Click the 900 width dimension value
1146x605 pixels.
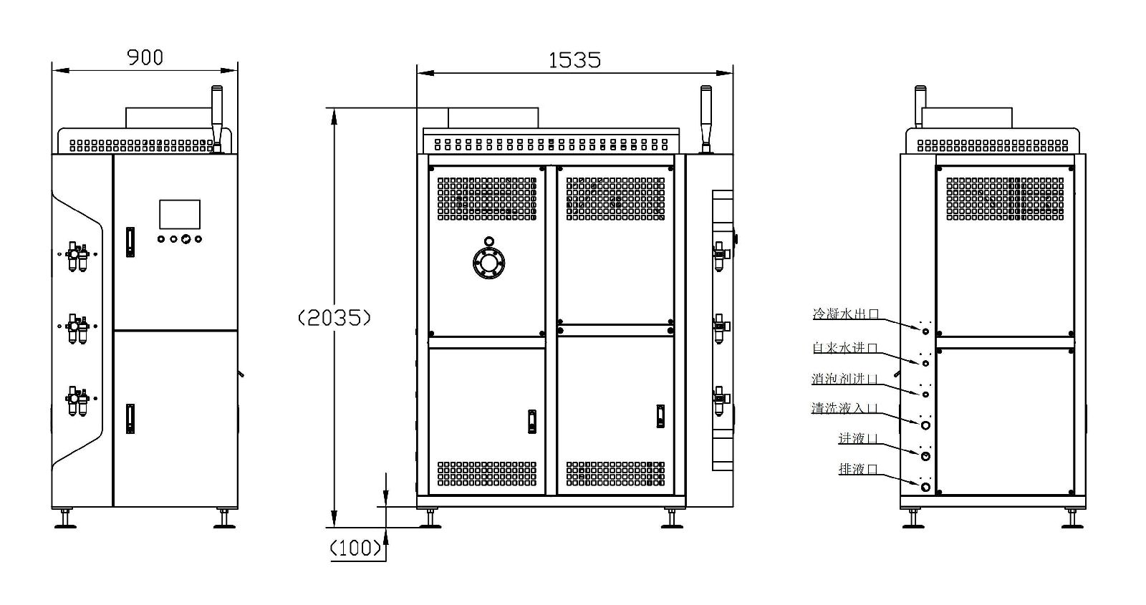[145, 57]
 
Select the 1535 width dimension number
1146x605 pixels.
[574, 60]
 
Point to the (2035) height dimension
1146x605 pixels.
[334, 318]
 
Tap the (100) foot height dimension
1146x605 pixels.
[356, 548]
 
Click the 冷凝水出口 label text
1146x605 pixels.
[846, 314]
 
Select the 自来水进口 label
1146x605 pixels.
[845, 348]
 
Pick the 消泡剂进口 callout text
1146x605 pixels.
[844, 379]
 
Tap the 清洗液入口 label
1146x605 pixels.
[844, 408]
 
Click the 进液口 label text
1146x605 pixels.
[859, 438]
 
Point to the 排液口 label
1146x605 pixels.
[859, 468]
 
